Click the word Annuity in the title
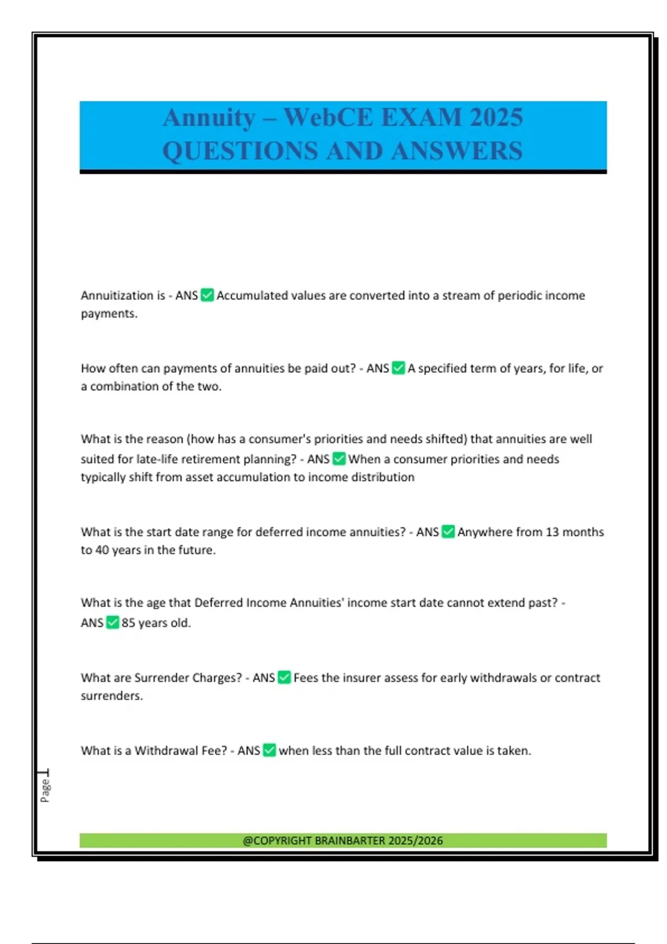coord(208,118)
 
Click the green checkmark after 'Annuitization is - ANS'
coord(207,295)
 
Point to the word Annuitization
coord(117,295)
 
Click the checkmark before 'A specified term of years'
coord(399,368)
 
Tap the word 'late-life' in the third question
coord(157,459)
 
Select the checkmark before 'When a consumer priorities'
coord(339,459)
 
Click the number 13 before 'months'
coord(552,532)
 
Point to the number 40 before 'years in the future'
coord(102,550)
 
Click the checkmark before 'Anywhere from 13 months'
coord(448,531)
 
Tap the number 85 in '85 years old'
coord(128,622)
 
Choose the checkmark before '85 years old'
coord(112,622)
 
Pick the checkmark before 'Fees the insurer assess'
coord(284,677)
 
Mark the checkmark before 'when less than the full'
coord(269,750)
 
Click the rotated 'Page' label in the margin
coord(45,790)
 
